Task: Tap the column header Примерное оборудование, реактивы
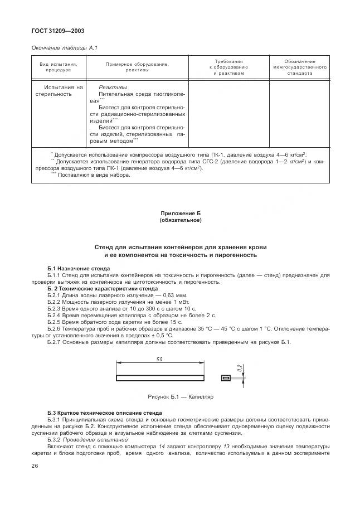point(137,67)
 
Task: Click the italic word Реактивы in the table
point(113,87)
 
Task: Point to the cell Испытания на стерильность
point(58,90)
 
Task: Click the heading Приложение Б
point(180,214)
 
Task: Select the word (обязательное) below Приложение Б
point(180,220)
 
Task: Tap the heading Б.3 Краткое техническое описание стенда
point(105,413)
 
